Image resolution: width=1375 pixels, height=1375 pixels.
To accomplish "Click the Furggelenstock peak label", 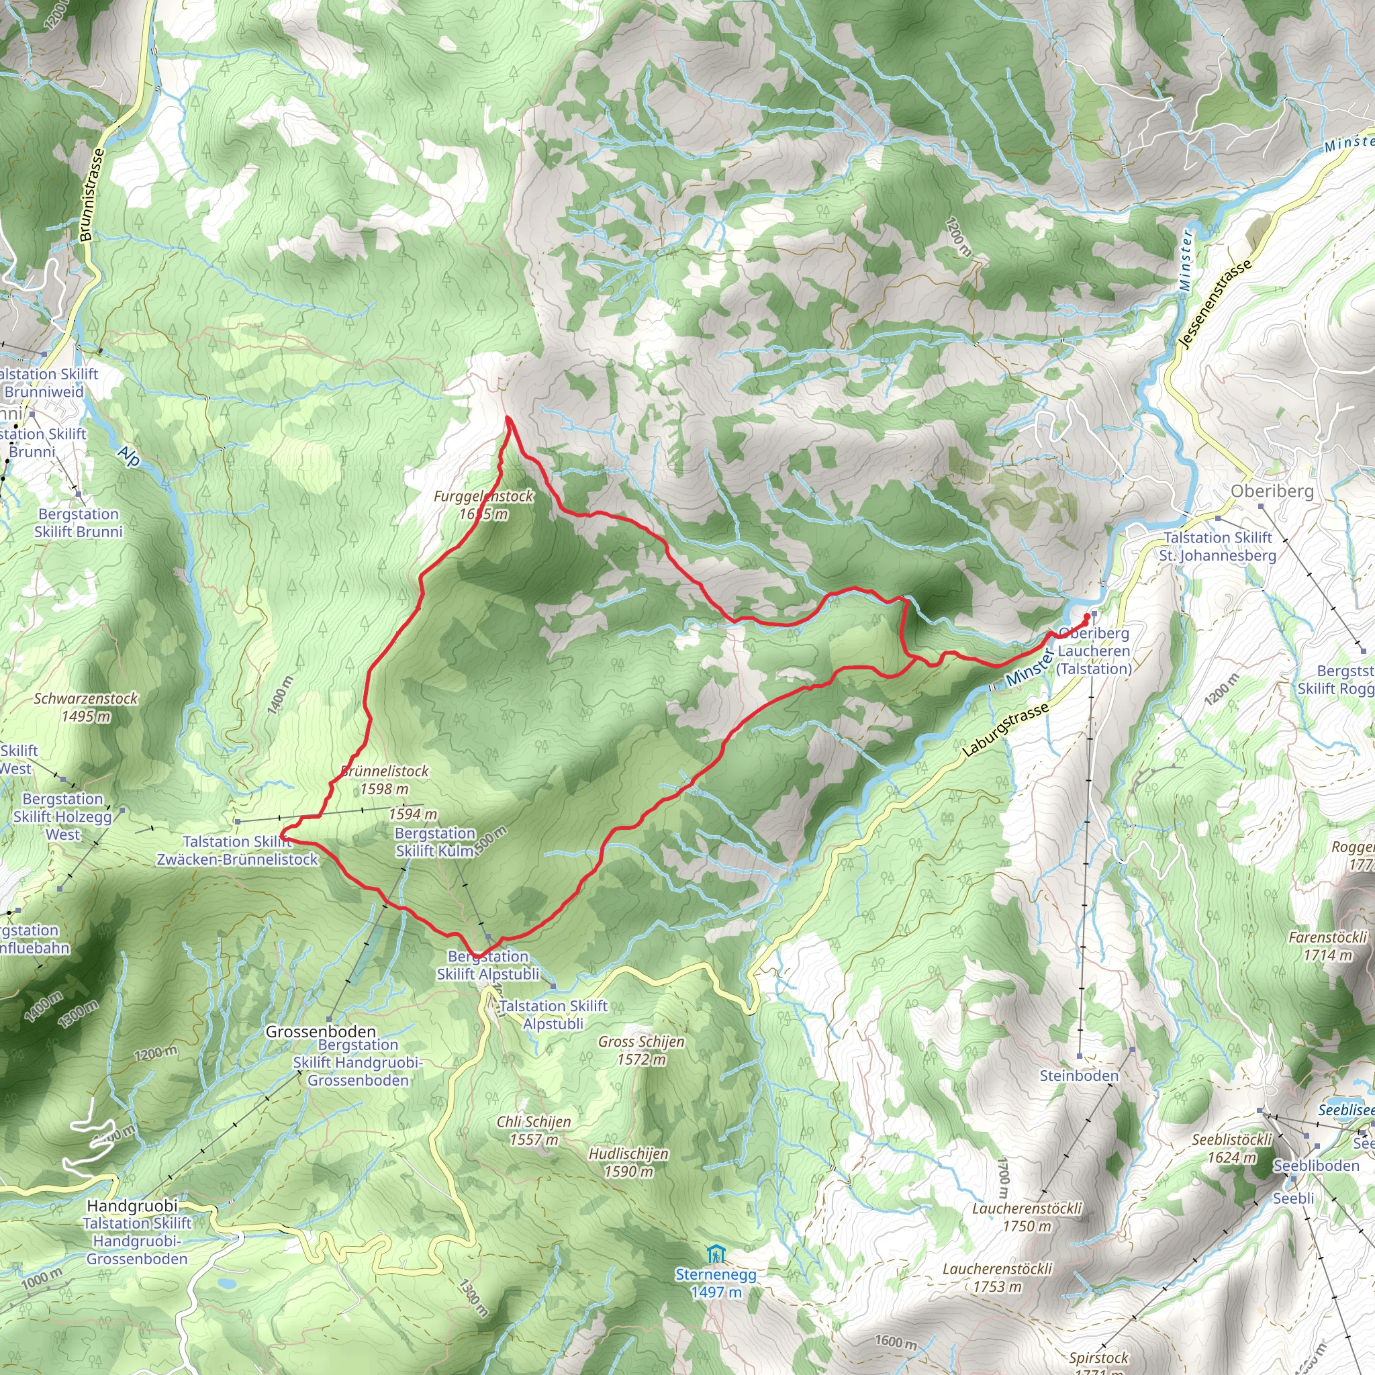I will click(x=483, y=505).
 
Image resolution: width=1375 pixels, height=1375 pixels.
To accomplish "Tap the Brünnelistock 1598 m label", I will click(x=384, y=779).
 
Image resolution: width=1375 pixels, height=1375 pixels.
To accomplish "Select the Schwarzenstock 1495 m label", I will click(x=85, y=707).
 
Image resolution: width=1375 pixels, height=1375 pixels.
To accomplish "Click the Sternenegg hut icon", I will click(x=716, y=1253).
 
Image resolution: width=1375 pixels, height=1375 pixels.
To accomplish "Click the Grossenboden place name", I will click(x=320, y=1031).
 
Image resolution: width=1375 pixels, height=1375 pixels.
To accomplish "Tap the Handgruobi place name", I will click(x=132, y=1206).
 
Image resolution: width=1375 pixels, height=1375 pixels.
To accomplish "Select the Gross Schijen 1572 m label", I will click(x=641, y=1050).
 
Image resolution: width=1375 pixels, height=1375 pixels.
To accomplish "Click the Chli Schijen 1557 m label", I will click(x=534, y=1129).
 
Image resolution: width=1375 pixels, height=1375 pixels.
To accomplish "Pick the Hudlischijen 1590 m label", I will click(x=628, y=1161).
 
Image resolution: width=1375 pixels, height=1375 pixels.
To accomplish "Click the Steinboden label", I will click(x=1079, y=1076).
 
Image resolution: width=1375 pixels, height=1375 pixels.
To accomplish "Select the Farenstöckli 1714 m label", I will click(x=1327, y=946).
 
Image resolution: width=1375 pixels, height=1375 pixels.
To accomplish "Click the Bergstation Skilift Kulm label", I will click(x=435, y=842).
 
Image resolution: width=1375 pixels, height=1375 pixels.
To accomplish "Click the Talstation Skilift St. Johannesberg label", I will click(x=1217, y=546).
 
